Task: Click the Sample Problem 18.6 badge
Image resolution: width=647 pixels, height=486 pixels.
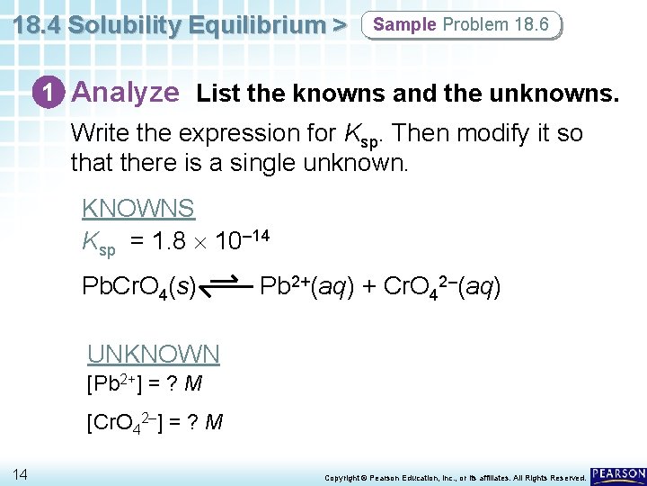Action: tap(460, 24)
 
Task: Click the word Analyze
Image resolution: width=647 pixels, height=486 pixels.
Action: tap(126, 92)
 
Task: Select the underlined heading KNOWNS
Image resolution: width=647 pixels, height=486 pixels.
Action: tap(137, 208)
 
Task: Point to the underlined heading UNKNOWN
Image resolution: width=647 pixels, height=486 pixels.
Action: tap(153, 354)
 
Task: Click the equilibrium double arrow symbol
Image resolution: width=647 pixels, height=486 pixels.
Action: tap(224, 287)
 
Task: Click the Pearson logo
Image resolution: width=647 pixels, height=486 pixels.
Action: tap(618, 473)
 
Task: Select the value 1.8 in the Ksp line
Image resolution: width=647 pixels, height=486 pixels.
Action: tap(169, 241)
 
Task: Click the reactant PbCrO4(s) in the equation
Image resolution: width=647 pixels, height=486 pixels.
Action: tap(139, 287)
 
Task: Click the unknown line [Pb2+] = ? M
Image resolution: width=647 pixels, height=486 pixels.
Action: tap(144, 384)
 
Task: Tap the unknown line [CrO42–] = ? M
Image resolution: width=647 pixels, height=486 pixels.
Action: tap(154, 421)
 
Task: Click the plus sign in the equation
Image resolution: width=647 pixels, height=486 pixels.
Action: tap(368, 287)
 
